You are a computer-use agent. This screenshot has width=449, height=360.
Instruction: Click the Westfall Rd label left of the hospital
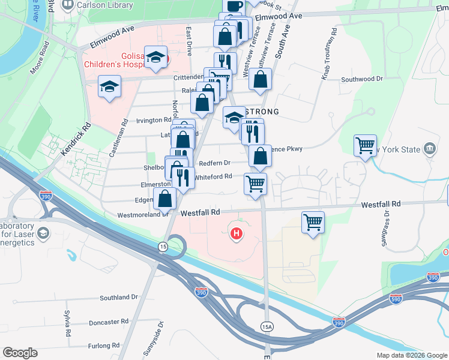[200, 212]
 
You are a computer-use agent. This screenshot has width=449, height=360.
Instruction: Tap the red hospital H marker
[237, 233]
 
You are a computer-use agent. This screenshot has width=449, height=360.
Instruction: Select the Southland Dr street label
[119, 297]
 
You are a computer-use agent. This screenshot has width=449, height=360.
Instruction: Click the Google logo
[20, 353]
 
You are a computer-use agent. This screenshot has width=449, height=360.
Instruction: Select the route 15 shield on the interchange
[163, 247]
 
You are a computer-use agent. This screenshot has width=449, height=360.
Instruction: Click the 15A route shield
[267, 326]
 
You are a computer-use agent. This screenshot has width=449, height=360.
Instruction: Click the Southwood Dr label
[362, 79]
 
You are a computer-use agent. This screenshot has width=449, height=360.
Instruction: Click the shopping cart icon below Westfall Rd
[313, 222]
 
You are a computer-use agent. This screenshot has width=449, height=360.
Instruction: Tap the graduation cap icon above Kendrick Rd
[110, 86]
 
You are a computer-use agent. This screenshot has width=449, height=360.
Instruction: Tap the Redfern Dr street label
[215, 163]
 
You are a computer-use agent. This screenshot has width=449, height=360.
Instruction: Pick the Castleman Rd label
[118, 137]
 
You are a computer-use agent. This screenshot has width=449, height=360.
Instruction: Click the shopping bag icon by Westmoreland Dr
[165, 198]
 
